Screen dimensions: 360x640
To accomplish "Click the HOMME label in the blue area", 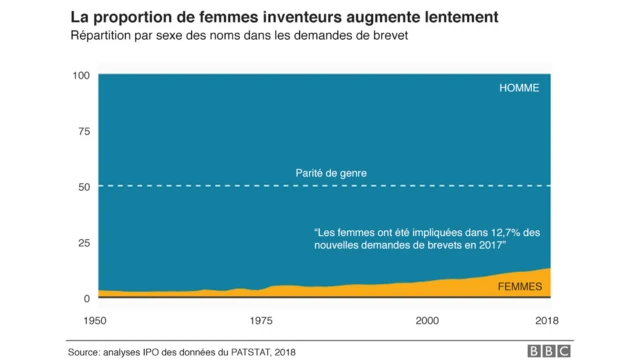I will click(x=518, y=88).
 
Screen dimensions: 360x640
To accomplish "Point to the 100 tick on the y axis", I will click(x=81, y=76).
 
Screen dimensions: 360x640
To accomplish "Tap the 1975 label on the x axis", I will click(x=261, y=320).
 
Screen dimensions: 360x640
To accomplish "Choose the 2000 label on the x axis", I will click(x=427, y=320).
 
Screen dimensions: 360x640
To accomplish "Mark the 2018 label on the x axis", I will click(x=546, y=320).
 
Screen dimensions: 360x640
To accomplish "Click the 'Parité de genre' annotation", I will click(x=331, y=173).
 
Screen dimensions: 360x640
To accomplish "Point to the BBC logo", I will click(x=549, y=351).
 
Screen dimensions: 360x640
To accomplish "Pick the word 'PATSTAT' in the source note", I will click(x=244, y=352).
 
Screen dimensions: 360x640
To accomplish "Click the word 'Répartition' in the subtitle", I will click(x=102, y=37).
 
